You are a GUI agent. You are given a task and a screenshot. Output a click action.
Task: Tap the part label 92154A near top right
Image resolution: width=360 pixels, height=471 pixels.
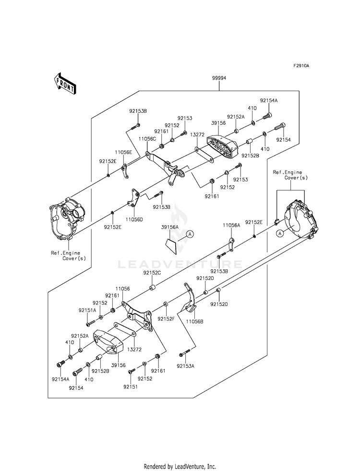[x=269, y=101]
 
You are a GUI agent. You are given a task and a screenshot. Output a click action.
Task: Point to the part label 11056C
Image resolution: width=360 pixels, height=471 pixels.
[x=147, y=139]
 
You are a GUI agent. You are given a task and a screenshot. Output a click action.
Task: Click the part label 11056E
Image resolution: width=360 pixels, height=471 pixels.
[x=123, y=152]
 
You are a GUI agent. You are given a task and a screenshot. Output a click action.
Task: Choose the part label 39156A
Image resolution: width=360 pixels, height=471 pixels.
[x=169, y=227]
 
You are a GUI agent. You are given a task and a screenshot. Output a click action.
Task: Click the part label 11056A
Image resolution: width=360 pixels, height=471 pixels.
[x=231, y=225]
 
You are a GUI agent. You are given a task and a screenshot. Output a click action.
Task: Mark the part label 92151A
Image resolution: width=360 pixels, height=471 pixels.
[x=88, y=310]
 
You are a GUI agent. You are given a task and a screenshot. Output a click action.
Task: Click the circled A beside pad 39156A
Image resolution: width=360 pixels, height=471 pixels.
[x=190, y=234]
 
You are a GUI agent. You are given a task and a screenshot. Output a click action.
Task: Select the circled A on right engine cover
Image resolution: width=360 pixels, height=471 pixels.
[x=279, y=234]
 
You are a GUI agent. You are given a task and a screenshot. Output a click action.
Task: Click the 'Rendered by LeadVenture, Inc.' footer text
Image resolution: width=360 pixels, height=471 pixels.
[x=180, y=466]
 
